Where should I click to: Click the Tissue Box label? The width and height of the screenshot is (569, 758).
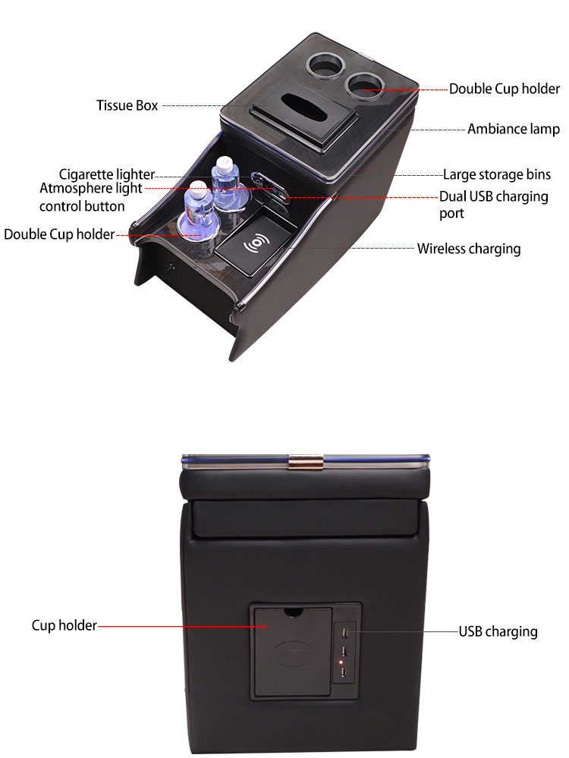pyautogui.click(x=127, y=105)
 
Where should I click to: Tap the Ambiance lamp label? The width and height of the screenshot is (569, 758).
pyautogui.click(x=513, y=129)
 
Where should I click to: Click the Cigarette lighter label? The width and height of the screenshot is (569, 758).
pyautogui.click(x=107, y=175)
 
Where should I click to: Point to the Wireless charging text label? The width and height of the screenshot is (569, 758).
pyautogui.click(x=469, y=249)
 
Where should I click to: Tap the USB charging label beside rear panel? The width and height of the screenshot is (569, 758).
pyautogui.click(x=498, y=631)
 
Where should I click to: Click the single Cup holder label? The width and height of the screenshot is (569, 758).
pyautogui.click(x=64, y=625)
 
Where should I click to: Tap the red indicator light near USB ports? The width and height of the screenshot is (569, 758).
pyautogui.click(x=343, y=664)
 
